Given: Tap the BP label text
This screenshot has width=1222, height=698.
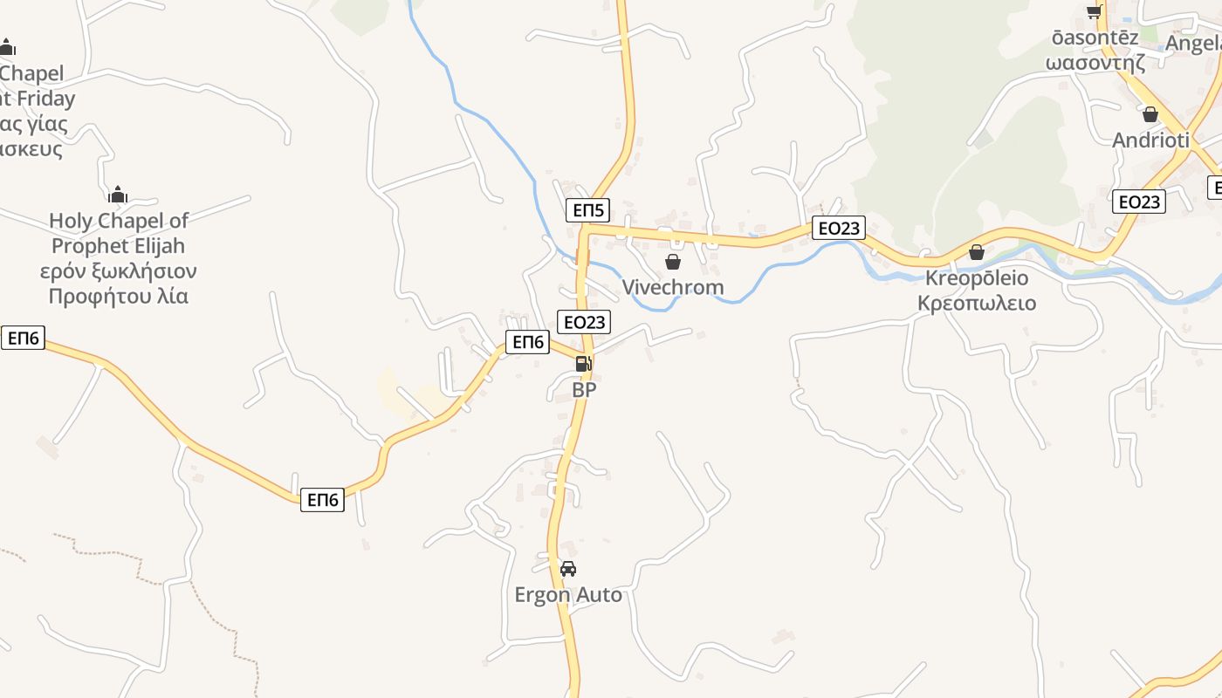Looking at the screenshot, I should (584, 389).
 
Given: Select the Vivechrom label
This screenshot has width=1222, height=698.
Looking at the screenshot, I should (673, 287).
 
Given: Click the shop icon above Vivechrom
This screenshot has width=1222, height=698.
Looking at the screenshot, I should (673, 261).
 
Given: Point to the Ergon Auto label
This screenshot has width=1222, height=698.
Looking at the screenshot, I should (568, 595).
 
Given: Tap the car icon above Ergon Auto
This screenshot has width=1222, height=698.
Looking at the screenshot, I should (568, 569).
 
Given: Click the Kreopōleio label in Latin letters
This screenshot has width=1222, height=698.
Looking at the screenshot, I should (977, 278).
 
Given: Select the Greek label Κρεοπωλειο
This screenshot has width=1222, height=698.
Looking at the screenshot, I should (977, 303).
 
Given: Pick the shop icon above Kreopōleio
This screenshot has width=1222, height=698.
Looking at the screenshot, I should (977, 252).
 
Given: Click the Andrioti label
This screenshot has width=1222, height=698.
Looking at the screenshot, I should (1150, 140).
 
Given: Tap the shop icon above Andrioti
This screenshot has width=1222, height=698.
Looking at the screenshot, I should (1150, 114).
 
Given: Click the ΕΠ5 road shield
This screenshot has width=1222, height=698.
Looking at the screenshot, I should (587, 210).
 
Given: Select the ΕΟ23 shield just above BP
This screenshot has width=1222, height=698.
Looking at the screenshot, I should (584, 321).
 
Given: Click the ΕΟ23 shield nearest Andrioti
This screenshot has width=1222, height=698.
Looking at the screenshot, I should (1139, 202).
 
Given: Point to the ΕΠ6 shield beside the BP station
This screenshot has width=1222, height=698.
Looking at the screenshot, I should (528, 342).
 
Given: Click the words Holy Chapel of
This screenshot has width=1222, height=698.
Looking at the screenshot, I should (119, 221).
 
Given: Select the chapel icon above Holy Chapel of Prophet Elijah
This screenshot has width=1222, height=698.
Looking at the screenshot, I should (118, 195).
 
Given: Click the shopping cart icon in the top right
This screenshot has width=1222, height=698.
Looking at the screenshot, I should (1094, 10).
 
